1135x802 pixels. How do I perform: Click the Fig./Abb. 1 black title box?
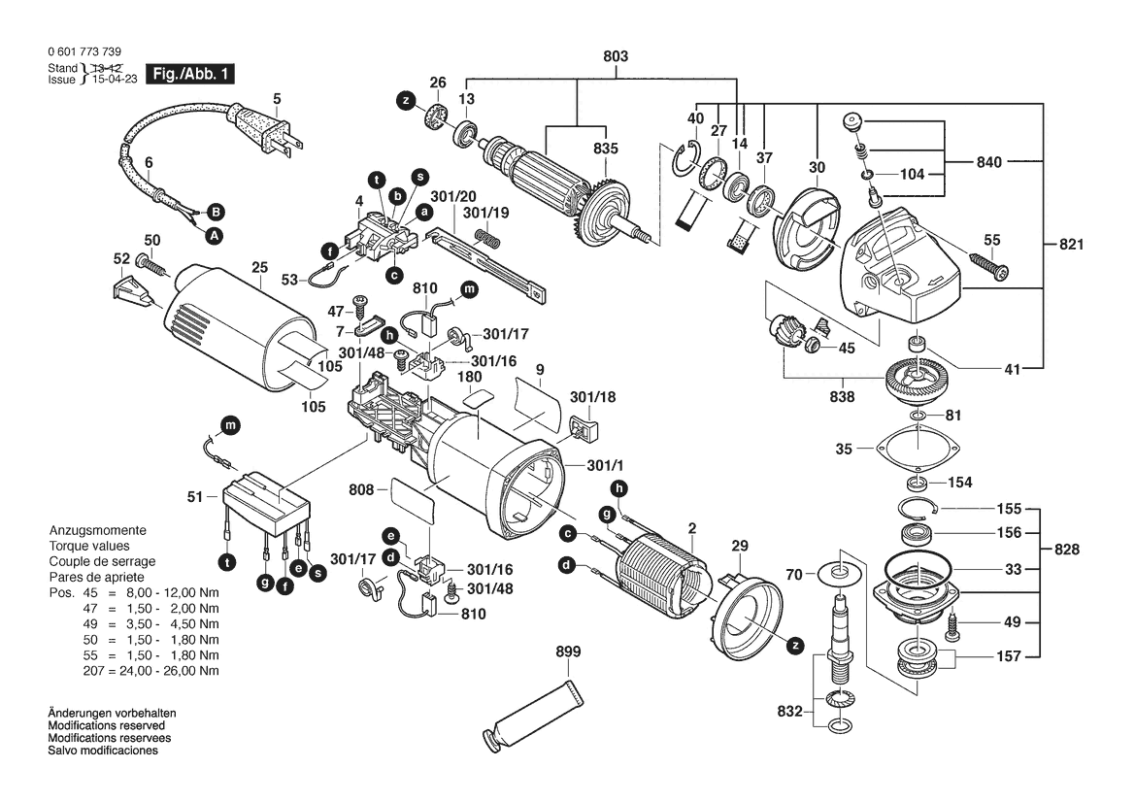pyautogui.click(x=190, y=73)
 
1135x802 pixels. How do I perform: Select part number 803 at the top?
pyautogui.click(x=616, y=56)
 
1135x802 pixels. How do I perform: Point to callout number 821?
pyautogui.click(x=1071, y=245)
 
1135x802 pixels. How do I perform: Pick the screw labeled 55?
pyautogui.click(x=988, y=264)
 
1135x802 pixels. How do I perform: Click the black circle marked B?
pyautogui.click(x=215, y=212)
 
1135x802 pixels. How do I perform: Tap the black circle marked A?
pyautogui.click(x=213, y=235)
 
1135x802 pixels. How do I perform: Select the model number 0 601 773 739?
pyautogui.click(x=84, y=52)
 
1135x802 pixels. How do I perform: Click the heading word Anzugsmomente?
pyautogui.click(x=98, y=530)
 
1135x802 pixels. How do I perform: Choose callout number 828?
pyautogui.click(x=1066, y=550)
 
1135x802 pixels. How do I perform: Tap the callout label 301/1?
pyautogui.click(x=605, y=465)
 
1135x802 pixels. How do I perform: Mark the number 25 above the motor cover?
pyautogui.click(x=260, y=268)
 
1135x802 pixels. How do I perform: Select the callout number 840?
pyautogui.click(x=988, y=162)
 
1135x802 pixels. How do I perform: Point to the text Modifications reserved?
pyautogui.click(x=107, y=725)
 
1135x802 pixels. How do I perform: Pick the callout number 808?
pyautogui.click(x=361, y=490)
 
